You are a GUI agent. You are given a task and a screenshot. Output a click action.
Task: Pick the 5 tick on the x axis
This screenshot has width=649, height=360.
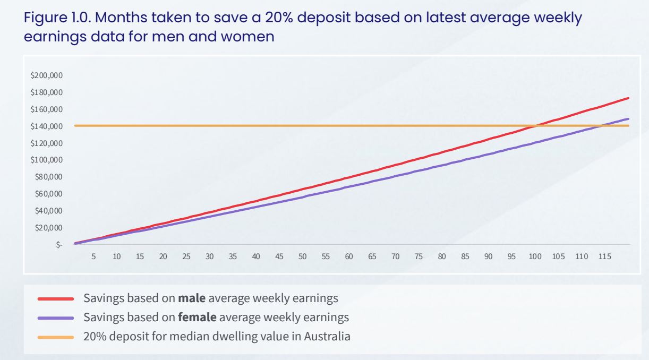pyautogui.click(x=93, y=256)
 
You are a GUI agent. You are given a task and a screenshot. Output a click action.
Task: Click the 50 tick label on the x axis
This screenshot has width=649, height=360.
pyautogui.click(x=302, y=256)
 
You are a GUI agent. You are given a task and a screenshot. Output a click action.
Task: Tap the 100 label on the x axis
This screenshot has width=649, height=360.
pyautogui.click(x=534, y=256)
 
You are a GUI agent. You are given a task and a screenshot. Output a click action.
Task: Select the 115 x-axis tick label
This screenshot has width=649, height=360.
pyautogui.click(x=604, y=256)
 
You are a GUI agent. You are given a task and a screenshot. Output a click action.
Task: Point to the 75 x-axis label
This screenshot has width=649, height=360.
pyautogui.click(x=419, y=256)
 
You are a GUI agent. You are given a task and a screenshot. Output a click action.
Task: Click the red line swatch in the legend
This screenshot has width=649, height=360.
pyautogui.click(x=56, y=299)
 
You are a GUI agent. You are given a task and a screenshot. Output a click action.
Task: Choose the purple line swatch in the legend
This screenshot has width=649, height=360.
pyautogui.click(x=56, y=318)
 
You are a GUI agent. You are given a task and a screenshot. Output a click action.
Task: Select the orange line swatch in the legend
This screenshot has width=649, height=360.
pyautogui.click(x=56, y=337)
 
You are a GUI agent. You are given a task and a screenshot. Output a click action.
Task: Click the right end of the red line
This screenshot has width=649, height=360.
pyautogui.click(x=628, y=98)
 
